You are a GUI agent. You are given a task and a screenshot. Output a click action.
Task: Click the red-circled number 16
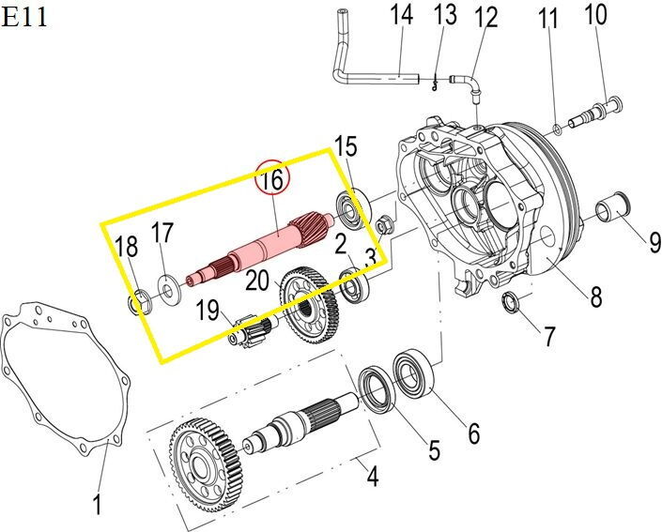point(271,178)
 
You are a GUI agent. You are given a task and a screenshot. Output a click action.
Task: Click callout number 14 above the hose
point(401,15)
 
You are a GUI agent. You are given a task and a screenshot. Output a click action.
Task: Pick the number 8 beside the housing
point(595,298)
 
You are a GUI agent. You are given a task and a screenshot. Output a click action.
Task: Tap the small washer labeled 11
point(559,127)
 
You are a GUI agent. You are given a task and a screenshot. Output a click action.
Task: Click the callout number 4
point(373,477)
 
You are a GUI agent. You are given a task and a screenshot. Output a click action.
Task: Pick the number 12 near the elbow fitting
point(486,17)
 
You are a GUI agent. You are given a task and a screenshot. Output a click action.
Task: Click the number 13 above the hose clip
point(445,15)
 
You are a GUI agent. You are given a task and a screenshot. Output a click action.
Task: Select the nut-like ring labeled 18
point(138,303)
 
